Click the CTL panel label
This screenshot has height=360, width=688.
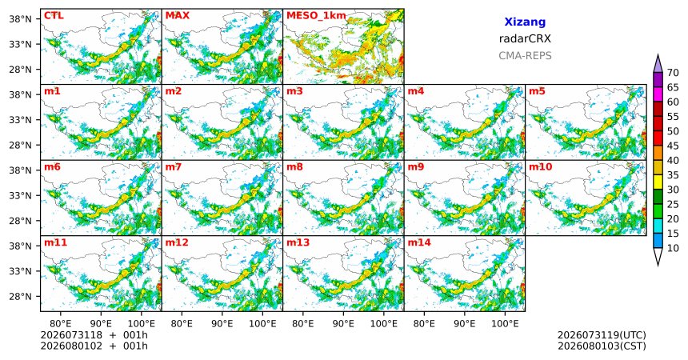point(54,16)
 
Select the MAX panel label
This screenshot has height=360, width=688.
point(178,16)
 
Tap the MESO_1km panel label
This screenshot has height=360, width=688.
point(316,16)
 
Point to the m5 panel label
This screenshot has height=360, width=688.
point(537,91)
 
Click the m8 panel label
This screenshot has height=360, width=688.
point(294,167)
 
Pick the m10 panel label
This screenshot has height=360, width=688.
point(540,167)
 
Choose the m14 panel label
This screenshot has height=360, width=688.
point(419,242)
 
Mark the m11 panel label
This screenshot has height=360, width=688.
point(55,242)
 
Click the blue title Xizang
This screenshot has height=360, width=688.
point(525,22)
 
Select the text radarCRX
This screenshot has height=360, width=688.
point(525,38)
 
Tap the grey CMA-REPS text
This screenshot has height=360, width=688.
point(525,56)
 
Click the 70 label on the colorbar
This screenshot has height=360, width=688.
point(673,73)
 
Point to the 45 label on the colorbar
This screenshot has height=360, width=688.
point(673,146)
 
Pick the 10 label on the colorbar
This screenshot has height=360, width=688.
point(673,248)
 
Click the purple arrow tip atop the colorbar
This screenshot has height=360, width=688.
point(658,54)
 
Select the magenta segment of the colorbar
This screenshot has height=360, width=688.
point(658,94)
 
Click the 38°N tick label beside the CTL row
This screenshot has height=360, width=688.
point(20,19)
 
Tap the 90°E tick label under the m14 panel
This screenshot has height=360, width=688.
point(465,324)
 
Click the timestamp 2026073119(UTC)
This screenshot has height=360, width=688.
point(602,335)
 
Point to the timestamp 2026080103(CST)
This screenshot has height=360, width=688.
point(602,346)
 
